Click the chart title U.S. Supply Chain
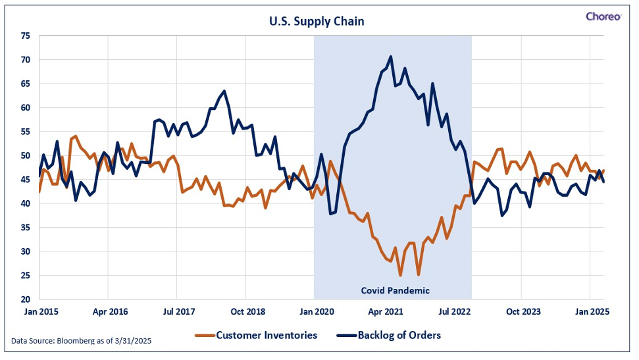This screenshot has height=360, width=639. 317,21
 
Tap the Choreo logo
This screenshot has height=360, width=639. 603,16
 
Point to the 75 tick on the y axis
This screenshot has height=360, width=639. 25,36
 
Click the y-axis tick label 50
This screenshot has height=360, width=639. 25,155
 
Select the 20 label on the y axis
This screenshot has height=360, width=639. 25,299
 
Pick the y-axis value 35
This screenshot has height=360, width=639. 25,228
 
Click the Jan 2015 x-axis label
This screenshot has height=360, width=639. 41,312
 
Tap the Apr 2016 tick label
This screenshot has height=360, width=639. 110,312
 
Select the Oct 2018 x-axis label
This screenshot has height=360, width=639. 248,312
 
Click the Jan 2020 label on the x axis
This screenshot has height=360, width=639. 317,312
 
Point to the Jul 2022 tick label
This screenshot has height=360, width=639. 454,312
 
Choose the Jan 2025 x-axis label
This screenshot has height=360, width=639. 592,312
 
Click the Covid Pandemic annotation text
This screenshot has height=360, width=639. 396,291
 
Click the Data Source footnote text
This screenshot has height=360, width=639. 81,341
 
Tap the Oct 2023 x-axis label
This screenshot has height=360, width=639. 523,312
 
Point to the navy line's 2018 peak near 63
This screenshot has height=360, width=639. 224,91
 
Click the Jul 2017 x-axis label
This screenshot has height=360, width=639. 179,312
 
